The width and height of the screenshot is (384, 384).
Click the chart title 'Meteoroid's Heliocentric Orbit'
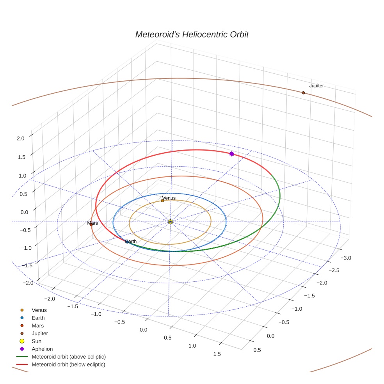click(x=192, y=34)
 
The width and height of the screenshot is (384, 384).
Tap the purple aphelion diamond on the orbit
click(x=231, y=154)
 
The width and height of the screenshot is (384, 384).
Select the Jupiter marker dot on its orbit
click(x=303, y=92)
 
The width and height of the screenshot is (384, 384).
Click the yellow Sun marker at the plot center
click(x=170, y=222)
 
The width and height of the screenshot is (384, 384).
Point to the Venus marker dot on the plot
click(x=162, y=201)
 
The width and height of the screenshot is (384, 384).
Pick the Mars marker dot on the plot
click(x=91, y=224)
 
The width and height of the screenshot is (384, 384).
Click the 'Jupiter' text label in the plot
click(x=316, y=85)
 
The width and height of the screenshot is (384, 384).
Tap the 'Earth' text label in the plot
click(x=131, y=241)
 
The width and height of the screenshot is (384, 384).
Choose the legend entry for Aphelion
click(x=42, y=349)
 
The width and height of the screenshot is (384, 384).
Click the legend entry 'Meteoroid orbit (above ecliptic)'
click(x=69, y=357)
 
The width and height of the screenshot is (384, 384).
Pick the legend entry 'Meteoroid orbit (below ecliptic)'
click(x=68, y=364)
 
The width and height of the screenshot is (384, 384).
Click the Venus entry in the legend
click(x=39, y=310)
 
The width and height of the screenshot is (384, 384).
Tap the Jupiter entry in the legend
click(x=40, y=333)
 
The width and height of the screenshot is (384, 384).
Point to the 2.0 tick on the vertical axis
click(x=21, y=138)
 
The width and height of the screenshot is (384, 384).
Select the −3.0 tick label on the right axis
click(x=346, y=258)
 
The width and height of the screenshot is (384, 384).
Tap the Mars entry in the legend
click(x=37, y=325)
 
